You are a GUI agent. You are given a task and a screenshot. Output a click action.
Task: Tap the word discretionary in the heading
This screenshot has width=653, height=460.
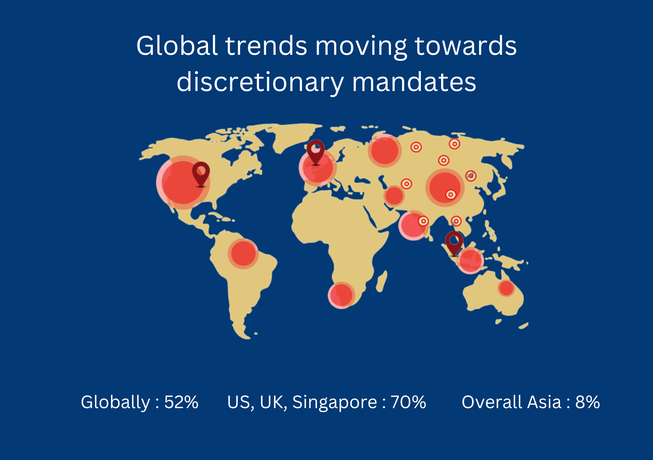coord(260,82)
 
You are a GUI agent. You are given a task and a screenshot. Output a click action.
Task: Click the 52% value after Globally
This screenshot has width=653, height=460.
coord(181,402)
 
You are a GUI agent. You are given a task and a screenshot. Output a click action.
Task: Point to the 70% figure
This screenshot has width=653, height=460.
coord(408,402)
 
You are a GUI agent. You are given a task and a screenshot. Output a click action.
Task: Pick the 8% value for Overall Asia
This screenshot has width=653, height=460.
coord(588,402)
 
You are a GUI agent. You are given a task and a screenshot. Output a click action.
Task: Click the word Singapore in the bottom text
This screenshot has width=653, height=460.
coord(335,403)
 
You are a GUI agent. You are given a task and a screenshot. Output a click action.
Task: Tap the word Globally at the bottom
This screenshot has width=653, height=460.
coord(115,403)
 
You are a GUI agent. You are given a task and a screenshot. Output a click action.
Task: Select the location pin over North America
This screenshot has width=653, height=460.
coord(201,174)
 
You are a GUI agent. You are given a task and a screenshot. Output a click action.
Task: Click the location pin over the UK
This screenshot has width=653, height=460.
coord(316,152)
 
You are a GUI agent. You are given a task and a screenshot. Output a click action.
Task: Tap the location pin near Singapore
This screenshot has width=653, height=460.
coord(454,243)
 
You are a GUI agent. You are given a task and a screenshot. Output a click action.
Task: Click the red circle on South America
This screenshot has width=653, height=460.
coord(243,254)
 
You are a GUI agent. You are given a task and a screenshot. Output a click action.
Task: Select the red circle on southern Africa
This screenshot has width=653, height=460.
coord(342,295)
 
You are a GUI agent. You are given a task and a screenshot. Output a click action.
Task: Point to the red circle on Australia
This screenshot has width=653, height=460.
coord(506,288)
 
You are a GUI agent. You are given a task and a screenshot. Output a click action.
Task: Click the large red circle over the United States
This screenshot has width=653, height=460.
coord(183,183)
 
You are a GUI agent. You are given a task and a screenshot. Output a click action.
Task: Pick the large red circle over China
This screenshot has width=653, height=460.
coord(445,188)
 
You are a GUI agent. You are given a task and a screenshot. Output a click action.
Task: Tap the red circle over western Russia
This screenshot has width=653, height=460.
coord(385,151)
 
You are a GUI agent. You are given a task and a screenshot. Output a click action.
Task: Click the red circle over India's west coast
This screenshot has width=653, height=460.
coord(413,225)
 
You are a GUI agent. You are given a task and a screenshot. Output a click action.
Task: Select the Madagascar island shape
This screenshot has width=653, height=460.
coord(381,281)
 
